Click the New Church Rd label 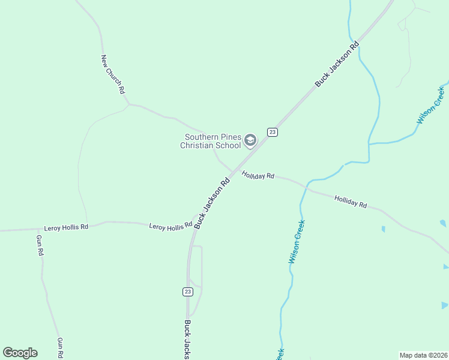tap(113, 74)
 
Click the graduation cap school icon tap(250, 141)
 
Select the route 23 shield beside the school tap(272, 132)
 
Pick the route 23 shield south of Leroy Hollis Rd tap(188, 292)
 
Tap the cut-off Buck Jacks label tap(187, 339)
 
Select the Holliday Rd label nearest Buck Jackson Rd tap(258, 175)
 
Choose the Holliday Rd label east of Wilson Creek tap(351, 202)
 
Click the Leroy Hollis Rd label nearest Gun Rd tap(66, 227)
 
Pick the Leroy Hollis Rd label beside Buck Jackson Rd tap(170, 225)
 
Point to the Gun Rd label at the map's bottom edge tap(60, 348)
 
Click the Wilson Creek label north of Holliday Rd tap(430, 106)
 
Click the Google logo tap(20, 353)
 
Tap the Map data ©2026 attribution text tap(423, 355)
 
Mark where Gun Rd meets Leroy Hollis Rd tap(37, 229)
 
